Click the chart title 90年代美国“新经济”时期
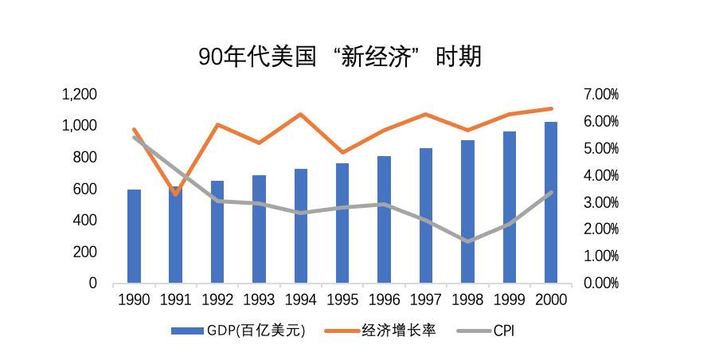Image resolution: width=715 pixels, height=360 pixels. tap(340, 57)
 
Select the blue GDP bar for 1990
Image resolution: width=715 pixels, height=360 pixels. tap(134, 237)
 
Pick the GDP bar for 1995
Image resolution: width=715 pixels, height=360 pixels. tap(342, 223)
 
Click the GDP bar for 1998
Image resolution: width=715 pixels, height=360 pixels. tap(467, 212)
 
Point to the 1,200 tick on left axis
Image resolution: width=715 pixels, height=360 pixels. tap(79, 94)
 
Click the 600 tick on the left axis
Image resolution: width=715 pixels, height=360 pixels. tap(84, 189)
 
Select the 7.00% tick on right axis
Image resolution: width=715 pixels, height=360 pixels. tap(601, 94)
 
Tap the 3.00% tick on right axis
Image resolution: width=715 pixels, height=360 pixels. tap(601, 202)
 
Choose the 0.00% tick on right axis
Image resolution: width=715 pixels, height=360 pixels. tap(601, 283)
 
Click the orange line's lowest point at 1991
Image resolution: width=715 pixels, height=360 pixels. tap(175, 194)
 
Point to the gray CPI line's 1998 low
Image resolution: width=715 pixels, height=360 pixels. tap(467, 241)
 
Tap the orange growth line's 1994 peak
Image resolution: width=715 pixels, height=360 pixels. tap(300, 114)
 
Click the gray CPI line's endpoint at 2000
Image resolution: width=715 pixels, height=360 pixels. tap(549, 193)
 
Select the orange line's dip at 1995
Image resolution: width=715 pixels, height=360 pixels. tap(342, 152)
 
